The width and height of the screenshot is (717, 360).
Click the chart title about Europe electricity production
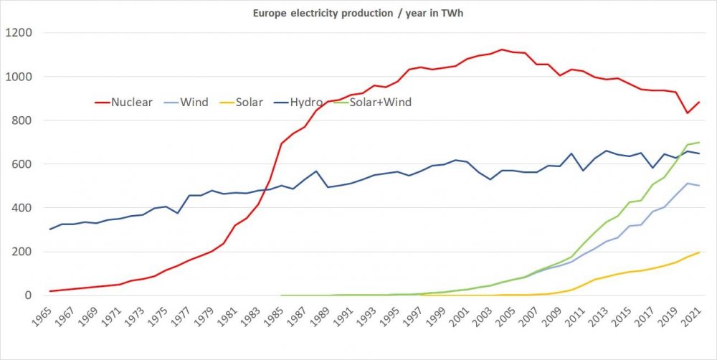pyautogui.click(x=358, y=14)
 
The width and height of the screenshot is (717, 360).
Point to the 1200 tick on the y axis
pyautogui.click(x=19, y=33)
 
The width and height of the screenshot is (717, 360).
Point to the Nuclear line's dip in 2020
pyautogui.click(x=687, y=113)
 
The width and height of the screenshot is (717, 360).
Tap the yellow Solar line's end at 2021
pyautogui.click(x=699, y=252)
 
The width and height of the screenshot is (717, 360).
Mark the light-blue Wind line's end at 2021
pyautogui.click(x=699, y=186)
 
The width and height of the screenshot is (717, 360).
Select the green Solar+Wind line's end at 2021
pyautogui.click(x=699, y=142)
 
